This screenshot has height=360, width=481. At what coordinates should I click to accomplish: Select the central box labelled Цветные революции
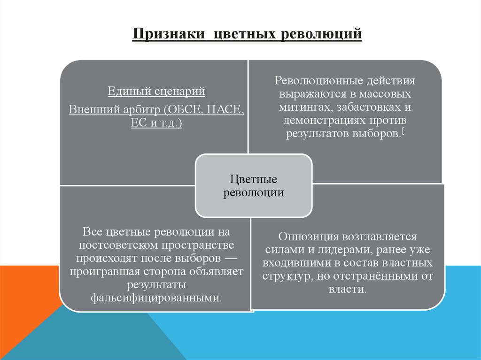[254, 186]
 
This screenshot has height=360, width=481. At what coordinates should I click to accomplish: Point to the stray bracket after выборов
[404, 133]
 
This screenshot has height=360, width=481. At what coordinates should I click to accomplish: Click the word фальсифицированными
[155, 298]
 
